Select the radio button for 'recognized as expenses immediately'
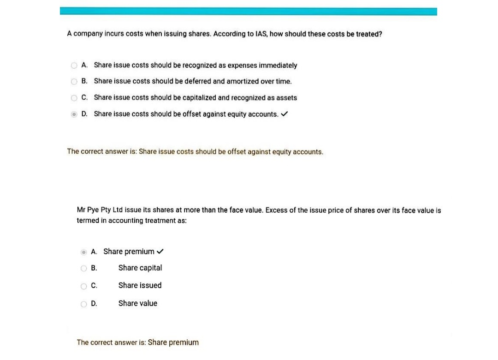(74, 66)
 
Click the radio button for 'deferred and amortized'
(74, 82)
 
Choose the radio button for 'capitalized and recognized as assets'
(74, 98)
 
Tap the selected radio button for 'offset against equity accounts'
(74, 114)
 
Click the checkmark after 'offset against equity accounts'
(285, 114)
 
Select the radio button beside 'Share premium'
(83, 252)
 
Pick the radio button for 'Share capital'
(83, 268)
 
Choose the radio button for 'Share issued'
(83, 286)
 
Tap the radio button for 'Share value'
(83, 304)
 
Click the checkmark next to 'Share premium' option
(160, 252)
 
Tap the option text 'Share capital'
(140, 268)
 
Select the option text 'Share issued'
(140, 285)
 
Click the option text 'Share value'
(137, 303)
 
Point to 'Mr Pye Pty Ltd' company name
(100, 210)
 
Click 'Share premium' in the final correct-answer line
(173, 342)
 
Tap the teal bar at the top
(248, 11)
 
